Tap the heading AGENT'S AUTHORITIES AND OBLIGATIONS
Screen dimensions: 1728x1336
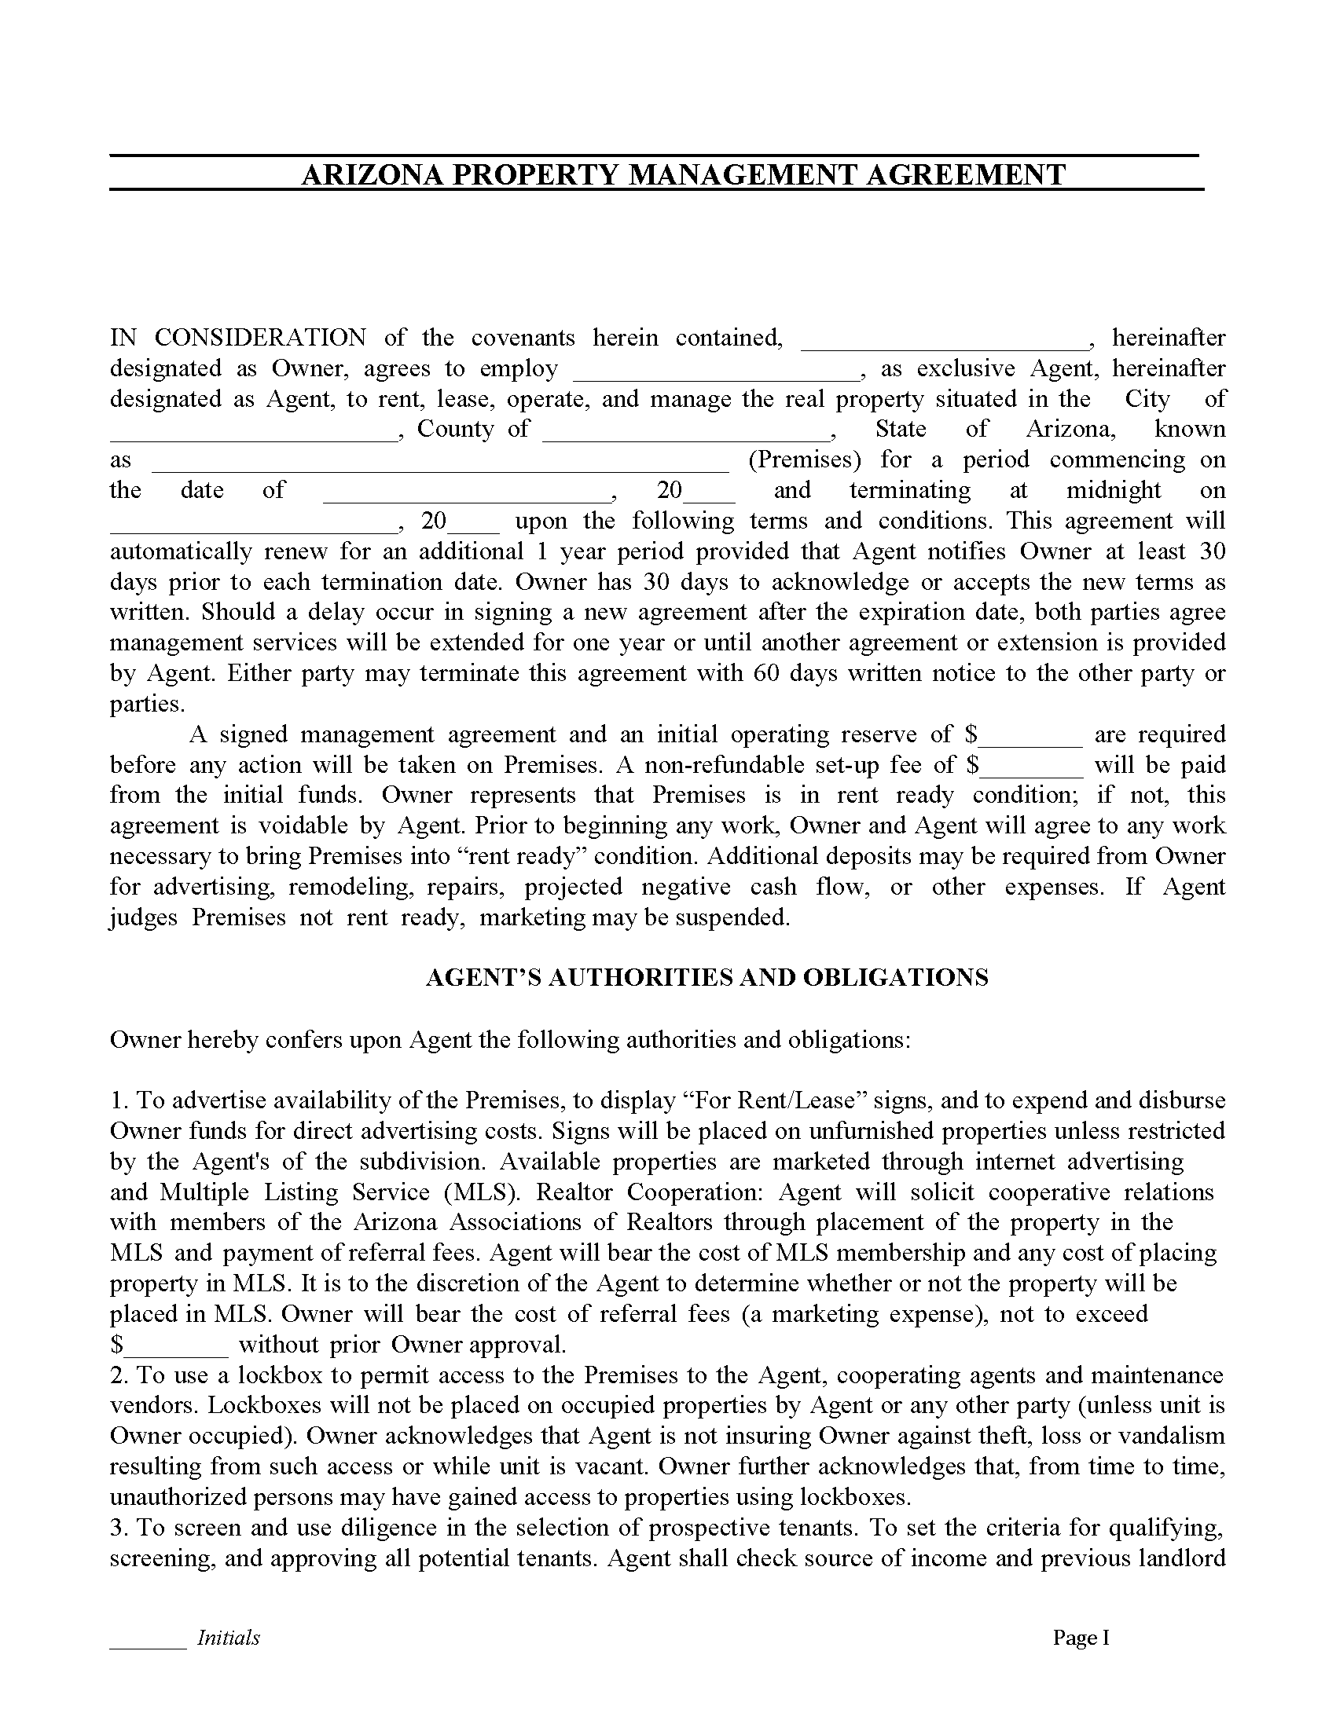(707, 978)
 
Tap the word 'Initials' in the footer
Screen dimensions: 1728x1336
(228, 1638)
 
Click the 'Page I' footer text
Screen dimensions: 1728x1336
(1081, 1638)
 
